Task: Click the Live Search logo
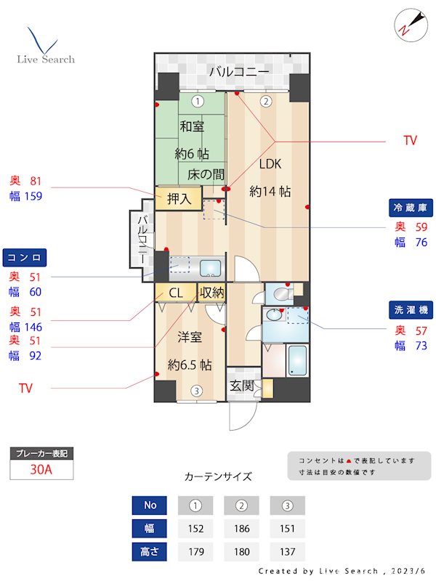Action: (x=45, y=46)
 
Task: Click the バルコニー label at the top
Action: (x=239, y=72)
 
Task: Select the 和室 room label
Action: (x=192, y=126)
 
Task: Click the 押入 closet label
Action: (x=179, y=198)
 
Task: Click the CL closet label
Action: (x=176, y=293)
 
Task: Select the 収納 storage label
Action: (x=211, y=293)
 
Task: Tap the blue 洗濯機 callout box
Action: (x=412, y=310)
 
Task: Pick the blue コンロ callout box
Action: (x=25, y=258)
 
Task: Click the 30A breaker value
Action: (x=41, y=470)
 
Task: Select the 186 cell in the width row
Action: (x=242, y=528)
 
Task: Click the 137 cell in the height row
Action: (x=288, y=551)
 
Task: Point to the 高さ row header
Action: (x=149, y=551)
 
